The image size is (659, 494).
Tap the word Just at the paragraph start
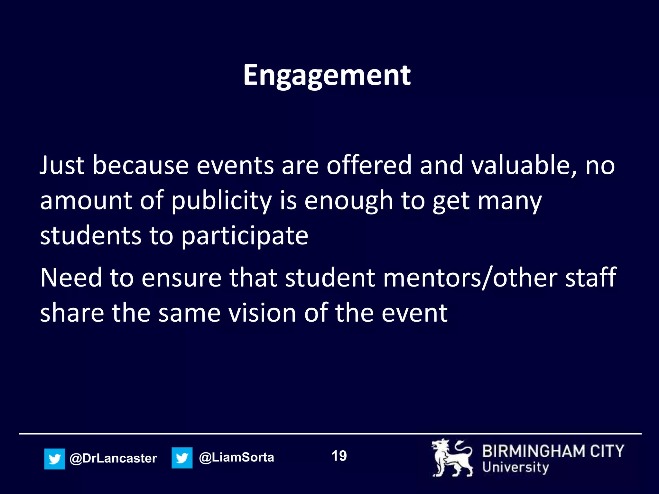[x=62, y=165]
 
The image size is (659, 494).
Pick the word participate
[x=245, y=236]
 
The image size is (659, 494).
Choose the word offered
[x=369, y=165]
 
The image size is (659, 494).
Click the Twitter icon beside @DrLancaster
[x=55, y=459]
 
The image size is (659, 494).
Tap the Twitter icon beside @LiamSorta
[x=182, y=458]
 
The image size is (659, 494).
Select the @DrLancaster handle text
[x=113, y=458]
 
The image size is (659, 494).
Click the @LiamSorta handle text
[x=237, y=457]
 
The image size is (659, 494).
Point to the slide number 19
[x=339, y=456]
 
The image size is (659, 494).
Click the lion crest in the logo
[x=452, y=458]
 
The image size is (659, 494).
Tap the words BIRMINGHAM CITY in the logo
[x=553, y=451]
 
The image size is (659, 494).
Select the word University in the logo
[x=515, y=468]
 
